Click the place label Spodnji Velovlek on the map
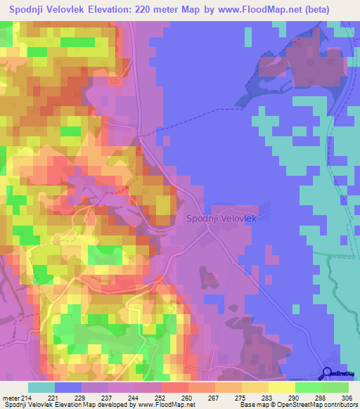point(221,219)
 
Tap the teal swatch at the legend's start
point(41,387)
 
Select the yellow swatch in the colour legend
point(282,387)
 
